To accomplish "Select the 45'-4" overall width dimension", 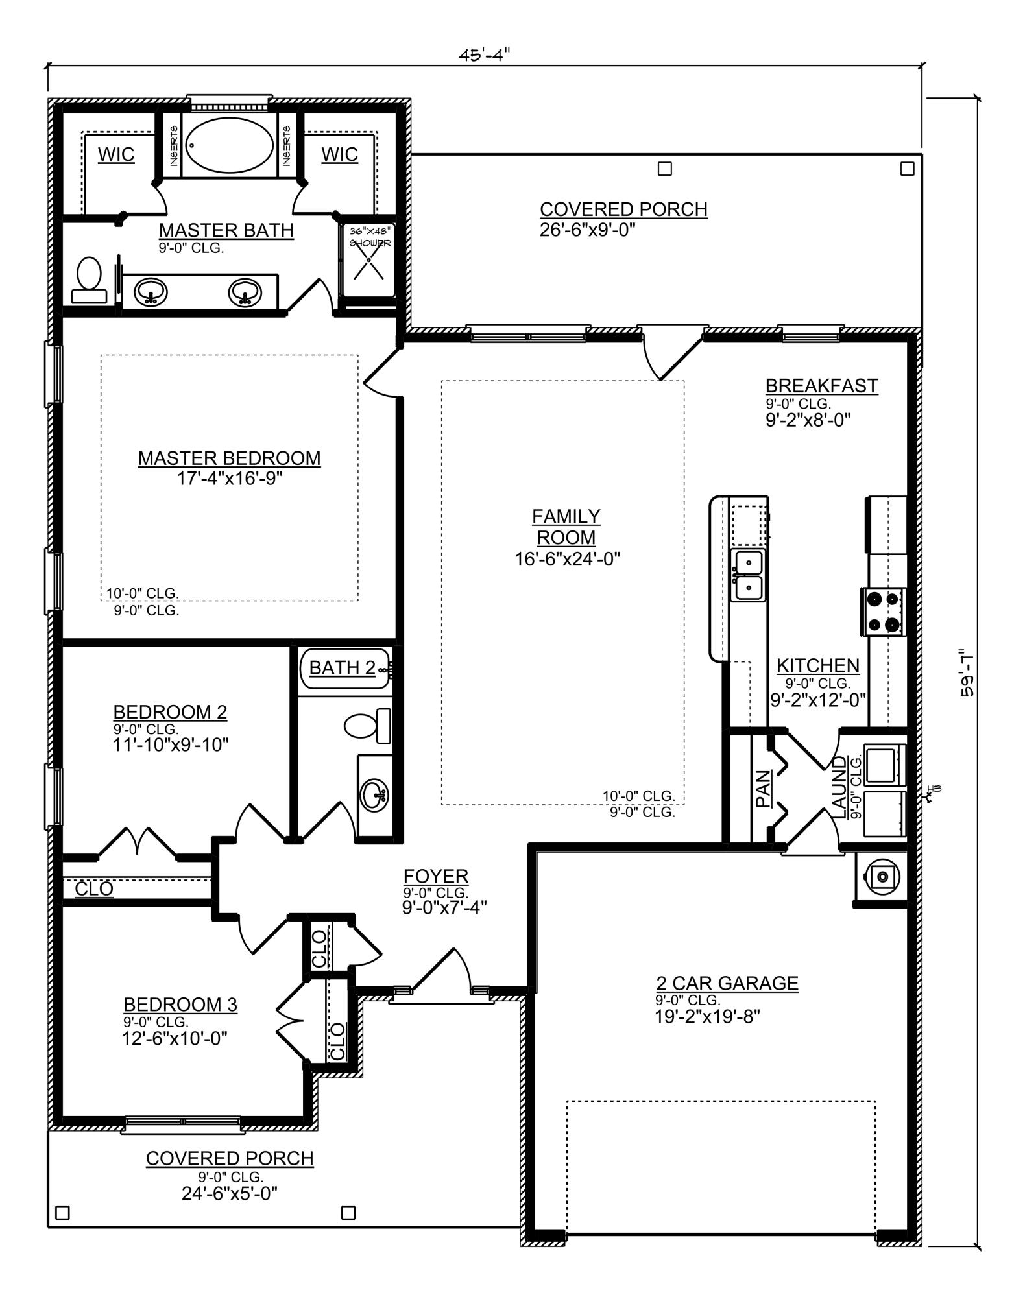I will [x=485, y=55].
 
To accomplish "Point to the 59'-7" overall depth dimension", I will [x=967, y=672].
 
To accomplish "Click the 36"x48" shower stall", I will [x=368, y=259].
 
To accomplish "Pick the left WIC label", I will [x=116, y=154].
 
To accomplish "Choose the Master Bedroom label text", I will [x=229, y=458].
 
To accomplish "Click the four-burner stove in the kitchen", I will [x=884, y=611].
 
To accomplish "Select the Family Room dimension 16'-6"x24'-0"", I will [x=568, y=558].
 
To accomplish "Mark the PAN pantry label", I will [x=763, y=788].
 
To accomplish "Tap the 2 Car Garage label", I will [x=727, y=983].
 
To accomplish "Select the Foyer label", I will [x=435, y=876].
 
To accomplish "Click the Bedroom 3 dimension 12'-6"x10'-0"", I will [x=175, y=1038].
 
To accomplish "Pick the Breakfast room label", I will [x=821, y=385].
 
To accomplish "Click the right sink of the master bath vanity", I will [x=245, y=293].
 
